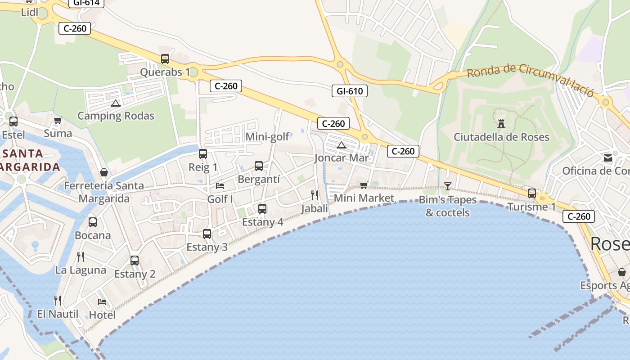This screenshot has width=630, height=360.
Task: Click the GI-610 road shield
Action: [x=350, y=91]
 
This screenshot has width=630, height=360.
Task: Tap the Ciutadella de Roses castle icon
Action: [x=501, y=123]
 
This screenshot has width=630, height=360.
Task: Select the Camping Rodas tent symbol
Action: [x=116, y=103]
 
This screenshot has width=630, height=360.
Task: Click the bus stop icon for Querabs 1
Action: [x=165, y=59]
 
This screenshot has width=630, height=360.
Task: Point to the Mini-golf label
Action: [x=267, y=137]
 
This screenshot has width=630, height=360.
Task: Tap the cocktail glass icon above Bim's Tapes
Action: [x=448, y=186]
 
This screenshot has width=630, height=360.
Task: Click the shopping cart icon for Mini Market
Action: [x=364, y=185]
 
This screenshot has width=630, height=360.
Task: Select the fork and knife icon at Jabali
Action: [x=315, y=195]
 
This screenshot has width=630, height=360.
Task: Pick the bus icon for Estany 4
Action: [x=262, y=209]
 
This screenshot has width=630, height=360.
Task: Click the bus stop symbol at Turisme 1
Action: [x=532, y=193]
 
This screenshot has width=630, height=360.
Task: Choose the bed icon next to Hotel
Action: [x=102, y=301]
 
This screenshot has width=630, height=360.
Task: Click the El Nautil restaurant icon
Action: [x=58, y=300]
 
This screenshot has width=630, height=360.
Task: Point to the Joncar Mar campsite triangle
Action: [x=342, y=145]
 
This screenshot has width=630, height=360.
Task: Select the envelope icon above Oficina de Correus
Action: [x=608, y=158]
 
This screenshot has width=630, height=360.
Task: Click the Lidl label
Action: [x=30, y=12]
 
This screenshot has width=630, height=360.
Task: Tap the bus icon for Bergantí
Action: [x=259, y=166]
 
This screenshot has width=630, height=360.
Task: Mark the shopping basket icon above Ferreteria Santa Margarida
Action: [x=104, y=172]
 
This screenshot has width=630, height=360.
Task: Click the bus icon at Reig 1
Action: [x=203, y=154]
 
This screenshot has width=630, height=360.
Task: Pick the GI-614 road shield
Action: [x=86, y=3]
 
